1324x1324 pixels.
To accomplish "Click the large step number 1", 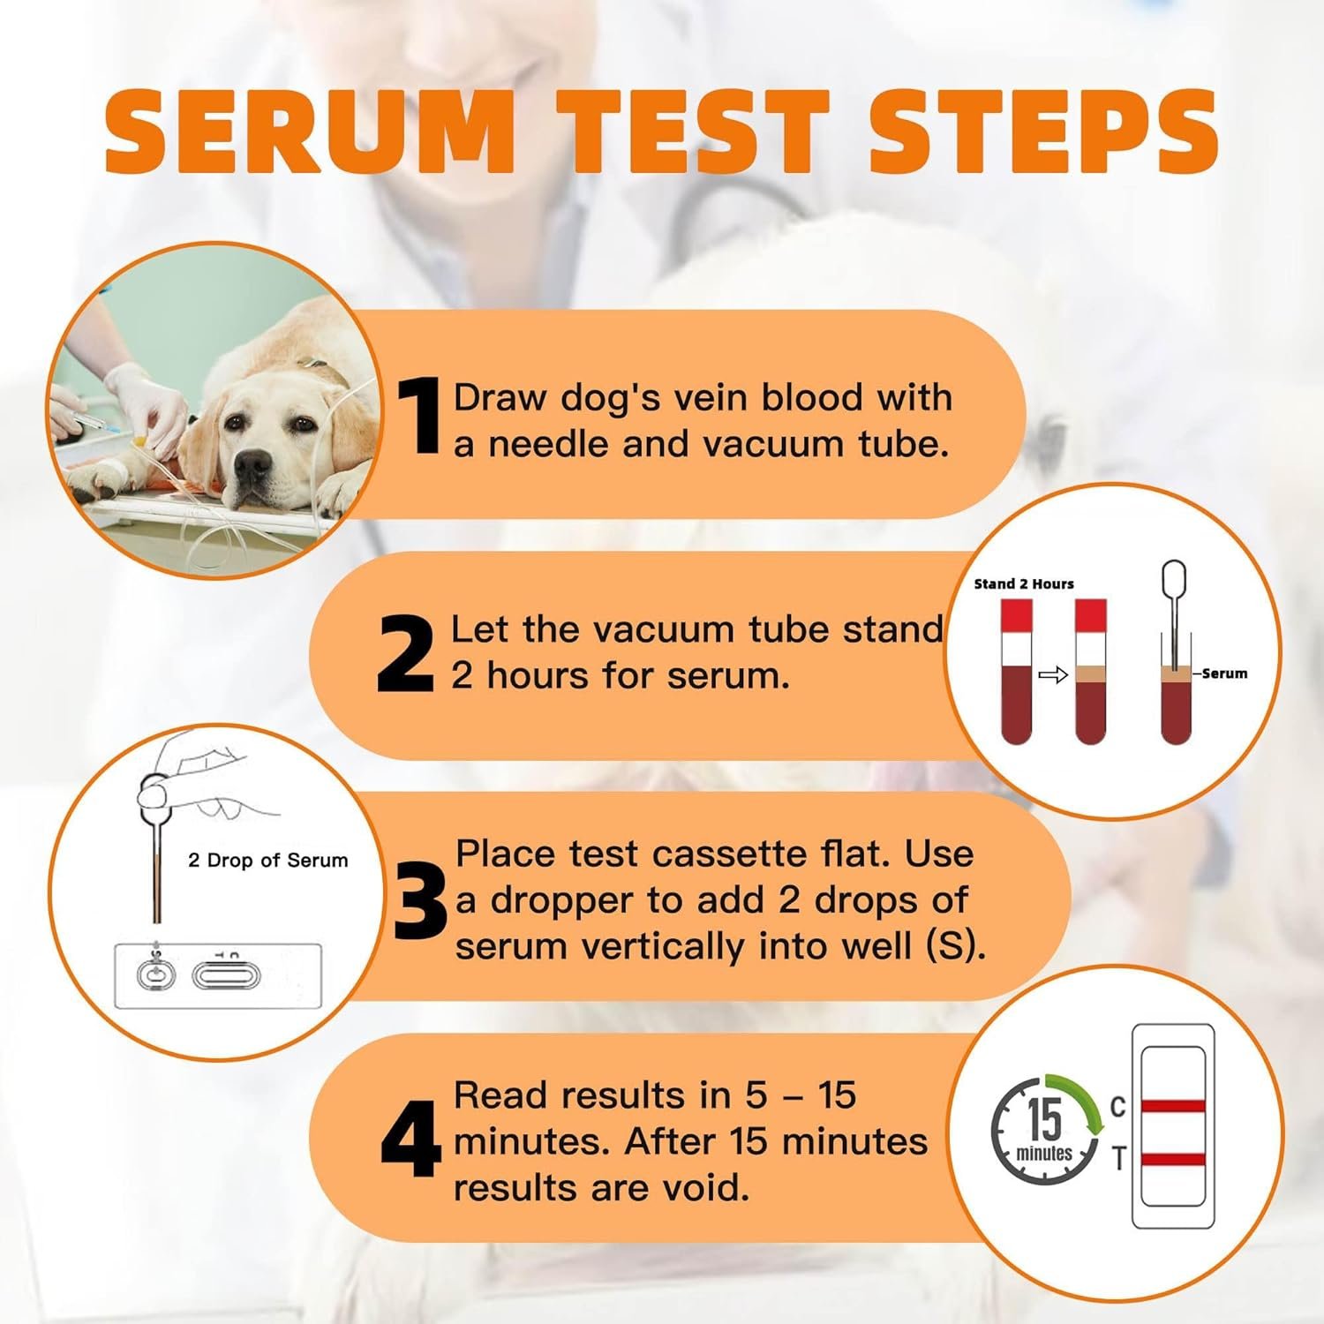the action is (418, 416).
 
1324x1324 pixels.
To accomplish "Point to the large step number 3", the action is (421, 900).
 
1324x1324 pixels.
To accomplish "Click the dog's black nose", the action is (254, 463).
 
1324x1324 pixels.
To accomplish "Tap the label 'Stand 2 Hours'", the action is (1024, 584).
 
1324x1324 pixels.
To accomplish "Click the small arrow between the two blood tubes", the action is (1053, 675).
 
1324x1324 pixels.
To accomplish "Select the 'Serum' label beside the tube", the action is (1224, 673).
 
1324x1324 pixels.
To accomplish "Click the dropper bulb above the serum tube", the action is (1173, 581).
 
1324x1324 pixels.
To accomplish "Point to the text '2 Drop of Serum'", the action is (268, 861).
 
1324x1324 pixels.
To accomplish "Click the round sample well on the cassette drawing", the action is (156, 975).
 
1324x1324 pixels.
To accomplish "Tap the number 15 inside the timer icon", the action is (1044, 1118).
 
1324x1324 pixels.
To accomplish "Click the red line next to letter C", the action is (1173, 1106).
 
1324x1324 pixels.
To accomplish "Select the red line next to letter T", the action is (1173, 1159).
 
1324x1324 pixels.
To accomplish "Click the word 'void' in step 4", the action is (705, 1187).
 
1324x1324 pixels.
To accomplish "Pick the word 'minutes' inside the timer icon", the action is (1044, 1154).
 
